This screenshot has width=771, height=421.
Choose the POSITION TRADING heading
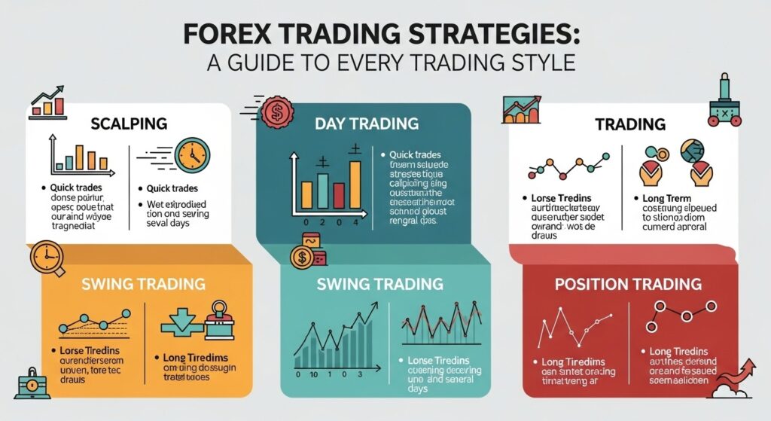[x=628, y=284]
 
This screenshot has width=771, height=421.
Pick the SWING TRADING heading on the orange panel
[x=143, y=284]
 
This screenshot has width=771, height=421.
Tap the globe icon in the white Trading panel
[x=693, y=152]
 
